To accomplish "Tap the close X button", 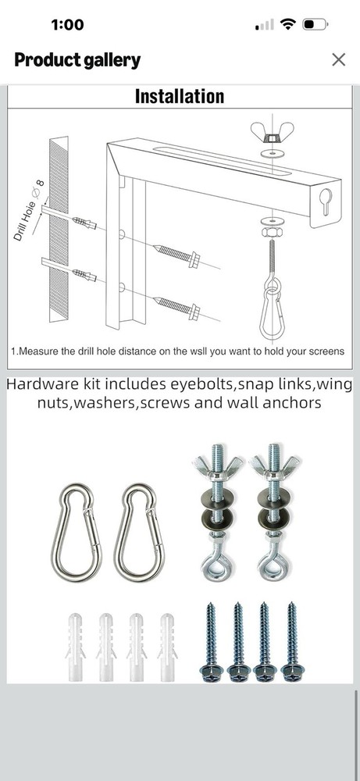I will pos(338,59).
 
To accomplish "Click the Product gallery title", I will pos(77,60).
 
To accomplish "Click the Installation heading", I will pos(180,97).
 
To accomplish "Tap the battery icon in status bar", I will pos(315,24).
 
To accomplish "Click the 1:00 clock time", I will pos(67,24).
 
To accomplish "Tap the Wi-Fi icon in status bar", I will pos(288,24).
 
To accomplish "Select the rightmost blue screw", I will pos(292,642).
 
